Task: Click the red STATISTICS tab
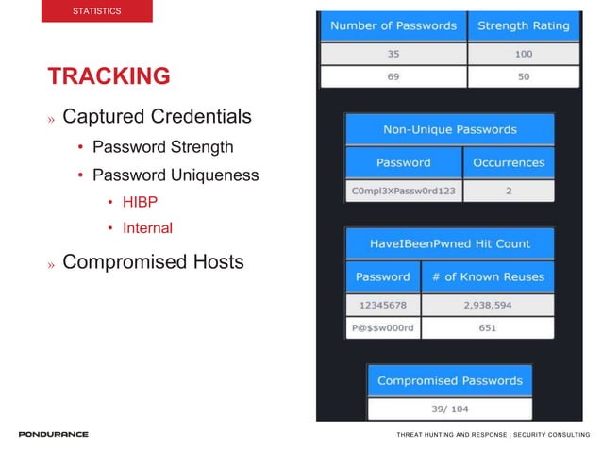pos(97,11)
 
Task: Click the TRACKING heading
pos(109,76)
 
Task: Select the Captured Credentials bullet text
pos(157,117)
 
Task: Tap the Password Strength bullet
pos(162,147)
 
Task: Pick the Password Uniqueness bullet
pos(176,175)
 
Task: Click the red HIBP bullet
pos(139,202)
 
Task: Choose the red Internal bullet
pos(147,227)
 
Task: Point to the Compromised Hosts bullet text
pos(153,262)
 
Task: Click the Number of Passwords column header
pos(393,25)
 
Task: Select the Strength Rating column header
pos(523,25)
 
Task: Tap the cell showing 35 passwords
pos(393,54)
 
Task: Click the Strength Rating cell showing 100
pos(523,54)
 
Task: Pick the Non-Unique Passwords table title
pos(449,129)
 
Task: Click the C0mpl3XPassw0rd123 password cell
pos(403,191)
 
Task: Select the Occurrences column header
pos(509,162)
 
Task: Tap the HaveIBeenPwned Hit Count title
pos(449,243)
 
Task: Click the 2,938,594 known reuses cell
pos(488,306)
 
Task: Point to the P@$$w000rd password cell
pos(383,328)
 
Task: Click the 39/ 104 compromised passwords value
pos(449,409)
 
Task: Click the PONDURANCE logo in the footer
pos(54,435)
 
